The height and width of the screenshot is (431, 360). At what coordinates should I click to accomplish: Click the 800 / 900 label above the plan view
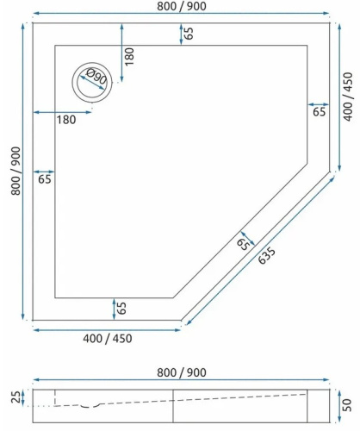(x=180, y=7)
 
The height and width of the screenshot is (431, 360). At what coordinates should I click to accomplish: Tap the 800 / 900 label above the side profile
(x=180, y=372)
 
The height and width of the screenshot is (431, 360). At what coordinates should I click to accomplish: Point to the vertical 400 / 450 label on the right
(x=348, y=97)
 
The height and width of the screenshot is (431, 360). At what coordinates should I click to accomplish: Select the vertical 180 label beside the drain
(x=130, y=57)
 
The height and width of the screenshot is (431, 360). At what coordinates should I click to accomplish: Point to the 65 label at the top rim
(x=188, y=34)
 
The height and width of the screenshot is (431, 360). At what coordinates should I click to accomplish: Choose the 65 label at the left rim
(x=45, y=179)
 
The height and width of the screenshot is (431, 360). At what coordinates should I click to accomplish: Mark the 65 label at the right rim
(x=319, y=112)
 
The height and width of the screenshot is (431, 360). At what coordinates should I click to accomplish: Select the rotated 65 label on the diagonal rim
(x=244, y=245)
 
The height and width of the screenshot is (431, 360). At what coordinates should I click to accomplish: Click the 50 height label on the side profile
(x=345, y=404)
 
